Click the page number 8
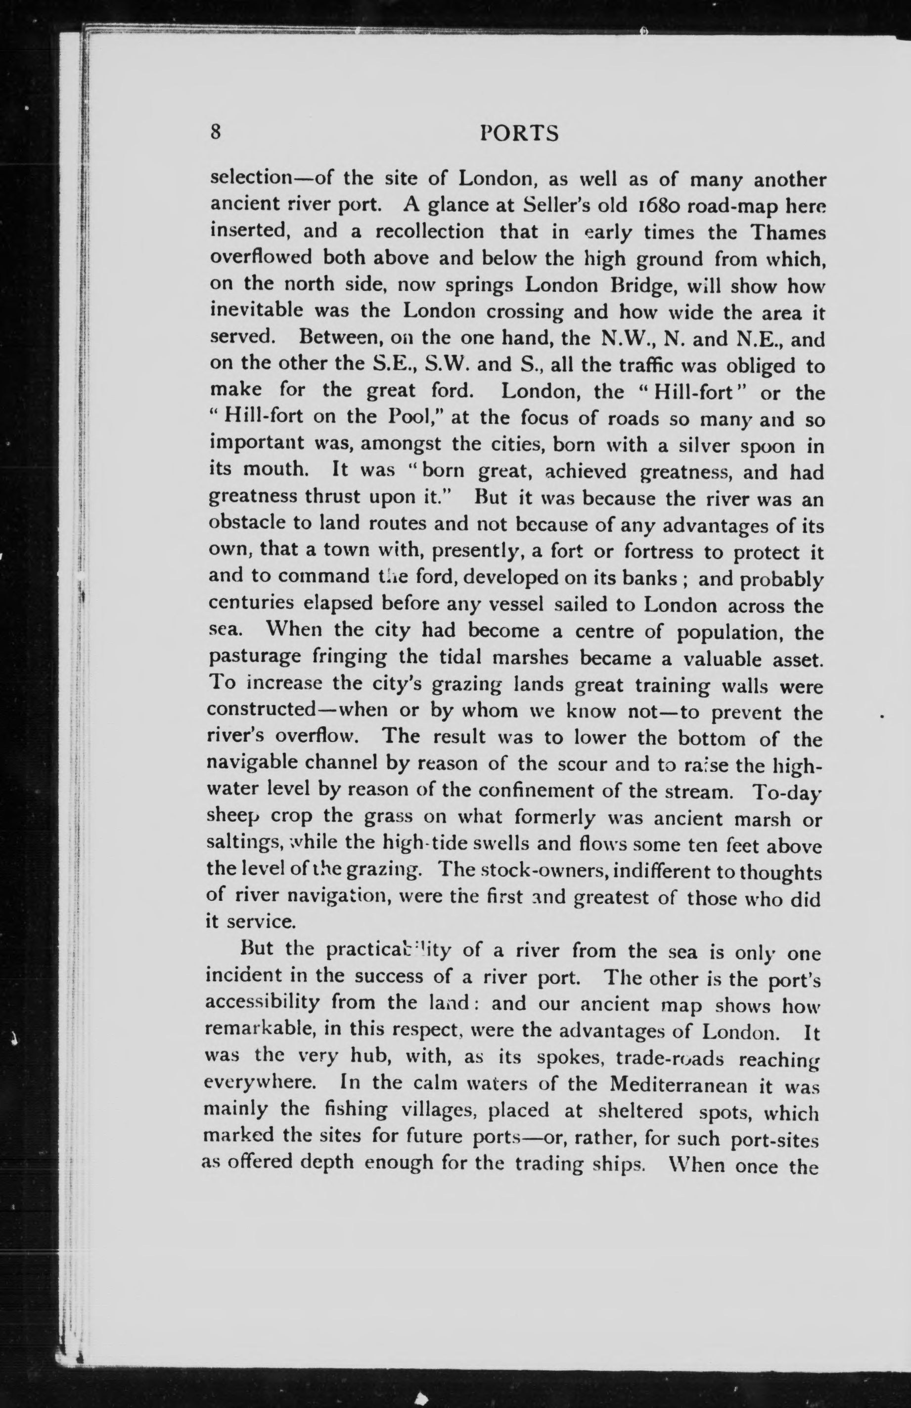(216, 133)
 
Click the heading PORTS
(519, 133)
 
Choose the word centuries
(251, 603)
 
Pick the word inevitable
(256, 310)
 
